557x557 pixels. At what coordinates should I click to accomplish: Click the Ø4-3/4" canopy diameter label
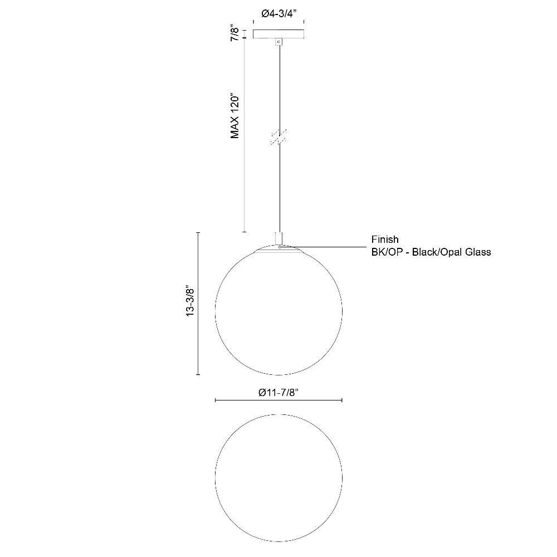click(278, 14)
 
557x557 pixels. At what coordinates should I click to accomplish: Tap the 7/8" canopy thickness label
click(236, 33)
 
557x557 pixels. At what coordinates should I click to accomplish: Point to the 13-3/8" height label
click(190, 302)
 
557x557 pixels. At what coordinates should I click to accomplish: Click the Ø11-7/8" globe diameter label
click(278, 393)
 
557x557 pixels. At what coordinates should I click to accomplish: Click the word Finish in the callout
click(385, 240)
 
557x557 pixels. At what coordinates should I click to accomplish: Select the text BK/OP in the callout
click(387, 252)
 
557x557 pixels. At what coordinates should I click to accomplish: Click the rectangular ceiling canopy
click(278, 34)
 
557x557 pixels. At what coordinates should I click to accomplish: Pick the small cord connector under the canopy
click(279, 42)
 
